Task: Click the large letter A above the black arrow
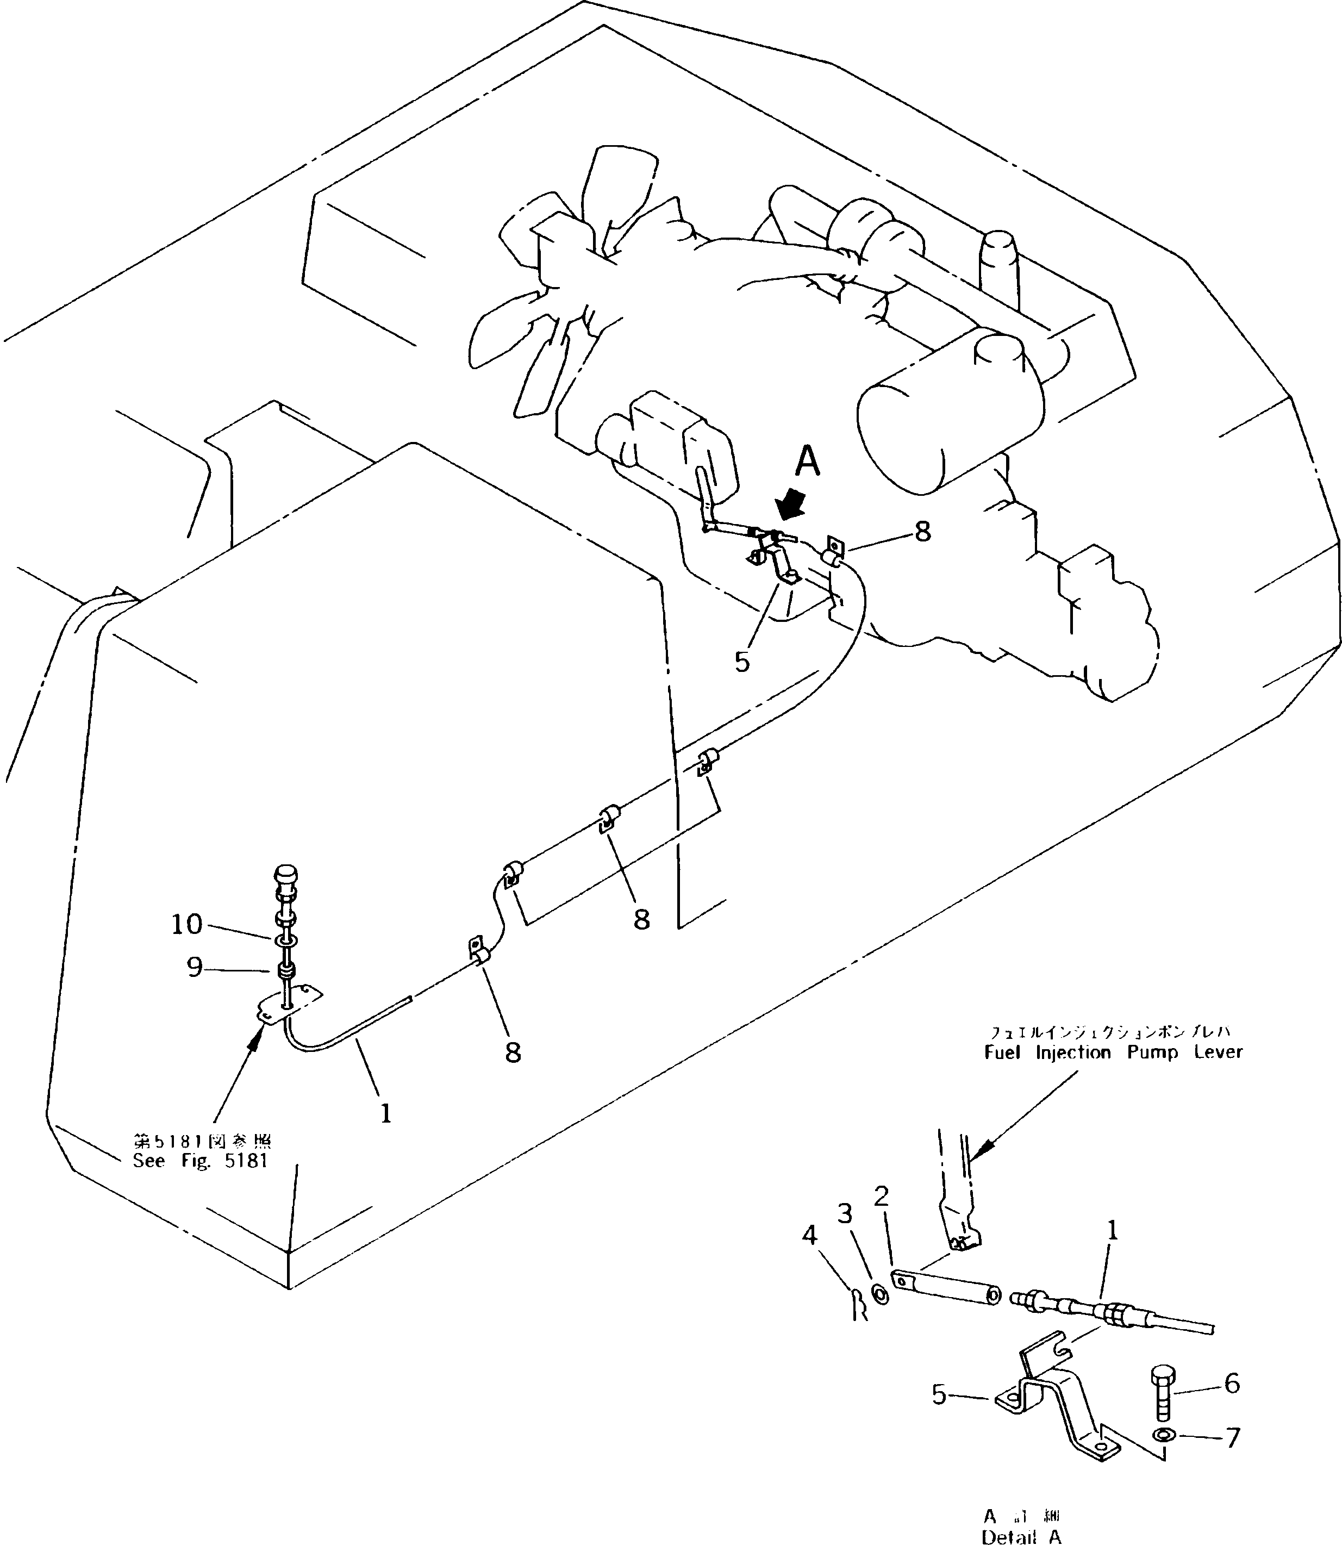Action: point(807,462)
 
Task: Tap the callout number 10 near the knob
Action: point(187,924)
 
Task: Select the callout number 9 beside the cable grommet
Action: point(195,968)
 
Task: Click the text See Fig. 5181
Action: point(200,1162)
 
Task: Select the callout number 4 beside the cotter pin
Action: point(809,1235)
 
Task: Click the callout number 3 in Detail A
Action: point(845,1214)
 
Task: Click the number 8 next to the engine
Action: point(922,532)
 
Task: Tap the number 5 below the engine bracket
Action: point(742,662)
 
